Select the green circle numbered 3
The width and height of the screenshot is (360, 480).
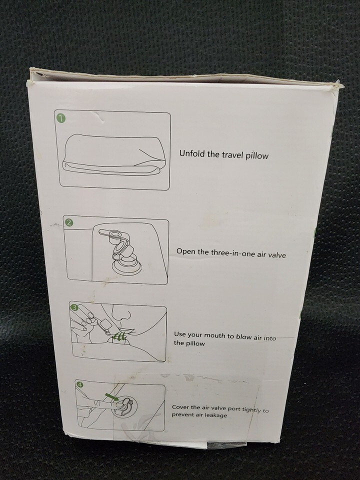[x=73, y=306]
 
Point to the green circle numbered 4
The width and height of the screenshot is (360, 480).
[x=78, y=385]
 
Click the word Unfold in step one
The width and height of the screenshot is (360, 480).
[x=192, y=153]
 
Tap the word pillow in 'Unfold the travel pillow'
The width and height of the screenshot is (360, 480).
[x=257, y=155]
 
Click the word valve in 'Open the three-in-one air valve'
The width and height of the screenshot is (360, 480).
[x=276, y=254]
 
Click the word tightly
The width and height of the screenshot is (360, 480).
[x=251, y=409]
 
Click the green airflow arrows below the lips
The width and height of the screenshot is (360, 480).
[x=119, y=336]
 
